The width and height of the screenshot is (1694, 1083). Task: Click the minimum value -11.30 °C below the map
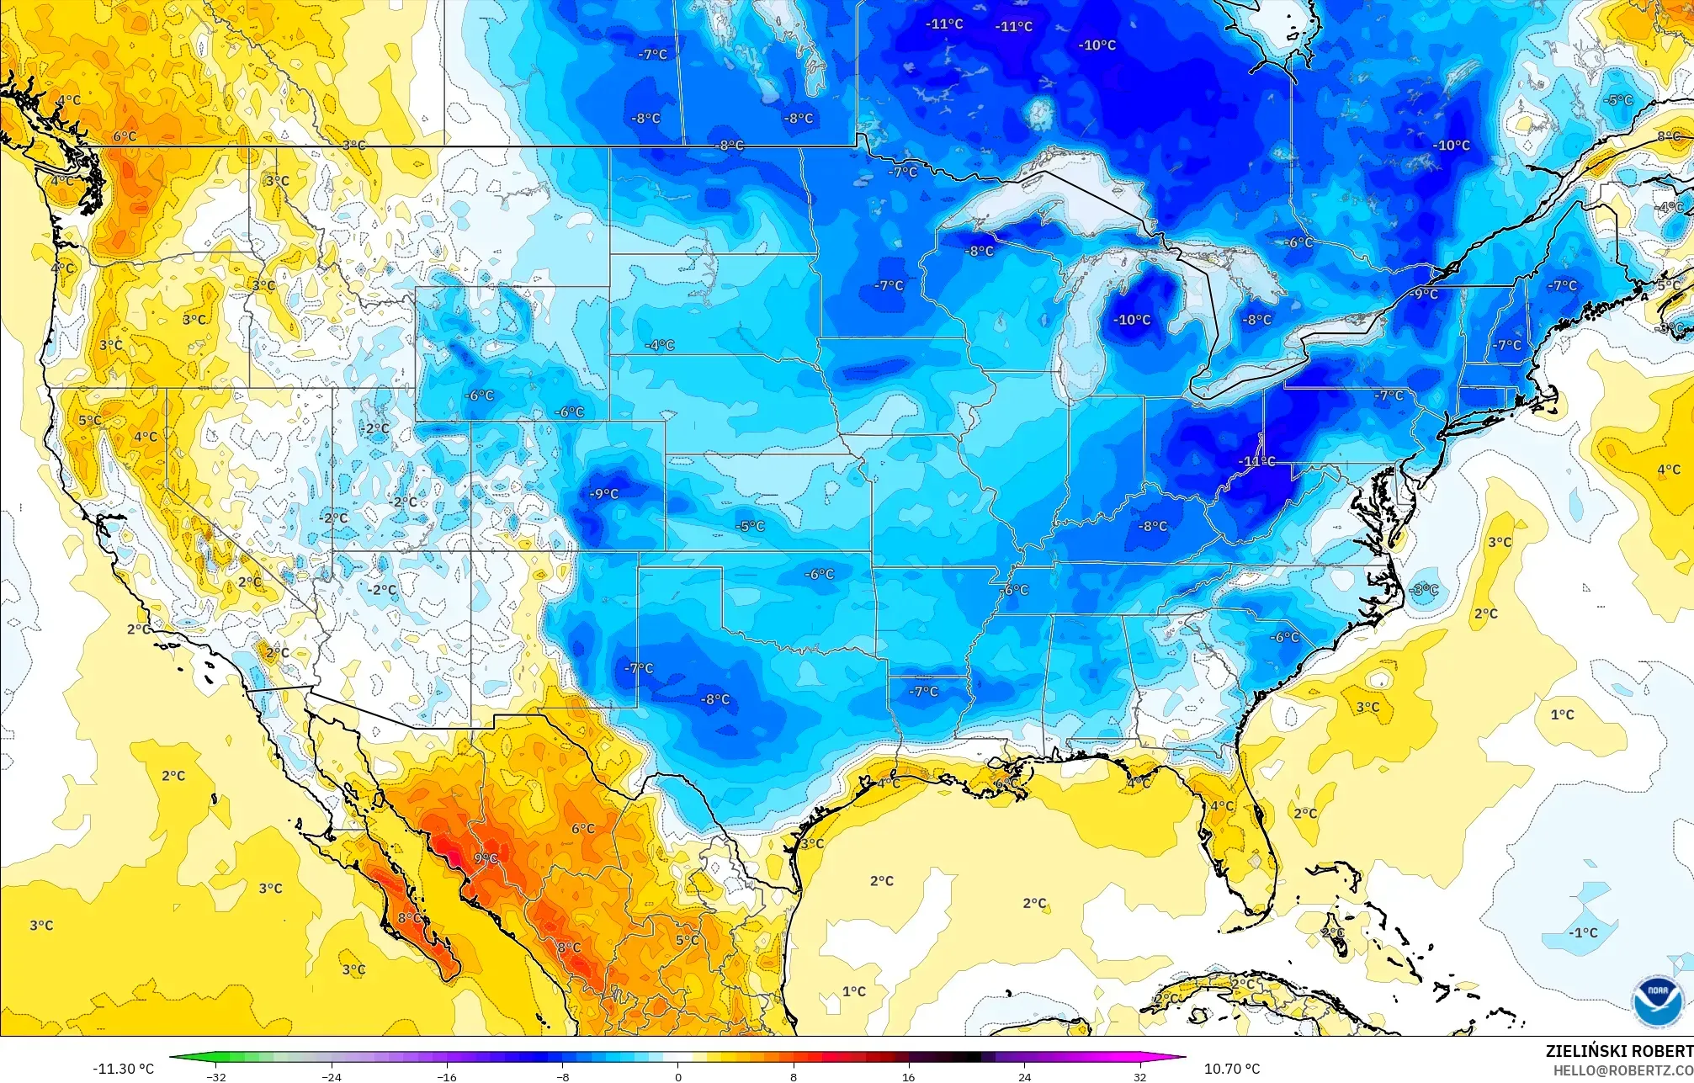(x=123, y=1069)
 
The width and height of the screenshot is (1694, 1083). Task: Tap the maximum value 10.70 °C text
(x=1232, y=1069)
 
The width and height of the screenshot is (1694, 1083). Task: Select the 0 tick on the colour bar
(x=678, y=1077)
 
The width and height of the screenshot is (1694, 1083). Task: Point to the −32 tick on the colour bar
(x=216, y=1077)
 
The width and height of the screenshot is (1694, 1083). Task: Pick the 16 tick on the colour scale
(x=909, y=1077)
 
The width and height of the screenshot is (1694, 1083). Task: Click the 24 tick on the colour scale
(x=1024, y=1077)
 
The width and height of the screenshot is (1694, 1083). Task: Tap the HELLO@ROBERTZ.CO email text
(x=1622, y=1070)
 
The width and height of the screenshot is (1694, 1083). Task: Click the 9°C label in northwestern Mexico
(x=486, y=858)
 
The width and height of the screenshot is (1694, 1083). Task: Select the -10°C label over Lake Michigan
(x=1132, y=320)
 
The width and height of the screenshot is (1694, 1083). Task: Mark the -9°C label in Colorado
(x=603, y=494)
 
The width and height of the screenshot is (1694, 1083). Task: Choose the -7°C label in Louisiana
(x=923, y=691)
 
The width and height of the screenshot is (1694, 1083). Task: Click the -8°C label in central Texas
(x=715, y=699)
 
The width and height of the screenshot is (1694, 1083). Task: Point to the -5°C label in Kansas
(x=750, y=526)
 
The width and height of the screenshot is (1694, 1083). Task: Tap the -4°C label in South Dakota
(x=660, y=345)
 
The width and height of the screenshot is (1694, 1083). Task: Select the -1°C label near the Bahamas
(x=1583, y=932)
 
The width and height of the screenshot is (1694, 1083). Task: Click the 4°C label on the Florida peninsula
(x=1222, y=805)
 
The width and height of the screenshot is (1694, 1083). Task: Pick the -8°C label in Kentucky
(x=1153, y=526)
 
